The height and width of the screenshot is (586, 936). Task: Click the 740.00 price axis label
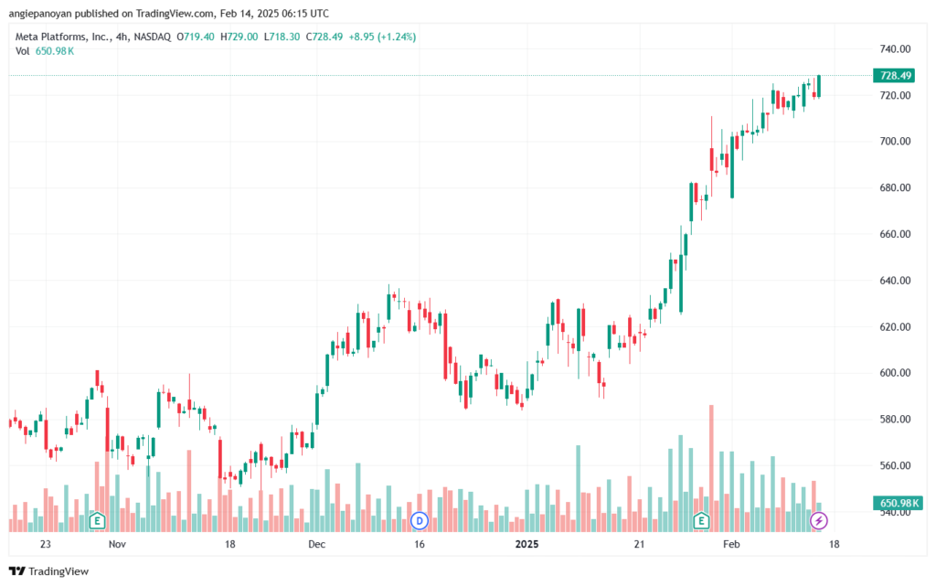pyautogui.click(x=895, y=49)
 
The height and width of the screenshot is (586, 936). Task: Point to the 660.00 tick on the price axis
pyautogui.click(x=895, y=234)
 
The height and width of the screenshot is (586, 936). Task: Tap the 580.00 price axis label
pyautogui.click(x=895, y=419)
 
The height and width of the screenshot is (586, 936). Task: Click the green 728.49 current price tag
pyautogui.click(x=896, y=75)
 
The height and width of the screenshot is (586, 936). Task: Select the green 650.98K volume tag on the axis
pyautogui.click(x=898, y=503)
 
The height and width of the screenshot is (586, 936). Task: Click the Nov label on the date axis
pyautogui.click(x=118, y=544)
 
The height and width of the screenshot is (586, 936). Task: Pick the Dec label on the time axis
pyautogui.click(x=317, y=544)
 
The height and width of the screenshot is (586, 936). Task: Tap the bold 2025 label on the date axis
pyautogui.click(x=527, y=544)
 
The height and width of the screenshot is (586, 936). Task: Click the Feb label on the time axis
pyautogui.click(x=731, y=544)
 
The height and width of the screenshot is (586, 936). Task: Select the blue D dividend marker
pyautogui.click(x=420, y=521)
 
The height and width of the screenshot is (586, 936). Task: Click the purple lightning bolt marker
pyautogui.click(x=818, y=521)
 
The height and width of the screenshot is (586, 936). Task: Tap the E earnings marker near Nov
pyautogui.click(x=97, y=521)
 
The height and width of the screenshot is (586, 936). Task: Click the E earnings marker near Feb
pyautogui.click(x=701, y=521)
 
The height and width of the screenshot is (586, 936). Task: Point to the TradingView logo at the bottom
pyautogui.click(x=49, y=571)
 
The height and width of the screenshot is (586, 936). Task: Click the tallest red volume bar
pyautogui.click(x=711, y=468)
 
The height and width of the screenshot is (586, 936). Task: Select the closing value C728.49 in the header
pyautogui.click(x=324, y=37)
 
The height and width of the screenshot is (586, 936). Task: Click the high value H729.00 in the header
pyautogui.click(x=239, y=37)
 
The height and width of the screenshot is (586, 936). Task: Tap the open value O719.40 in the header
pyautogui.click(x=196, y=37)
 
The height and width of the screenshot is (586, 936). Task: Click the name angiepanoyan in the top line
pyautogui.click(x=40, y=13)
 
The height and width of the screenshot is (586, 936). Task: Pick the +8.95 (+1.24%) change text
pyautogui.click(x=382, y=37)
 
